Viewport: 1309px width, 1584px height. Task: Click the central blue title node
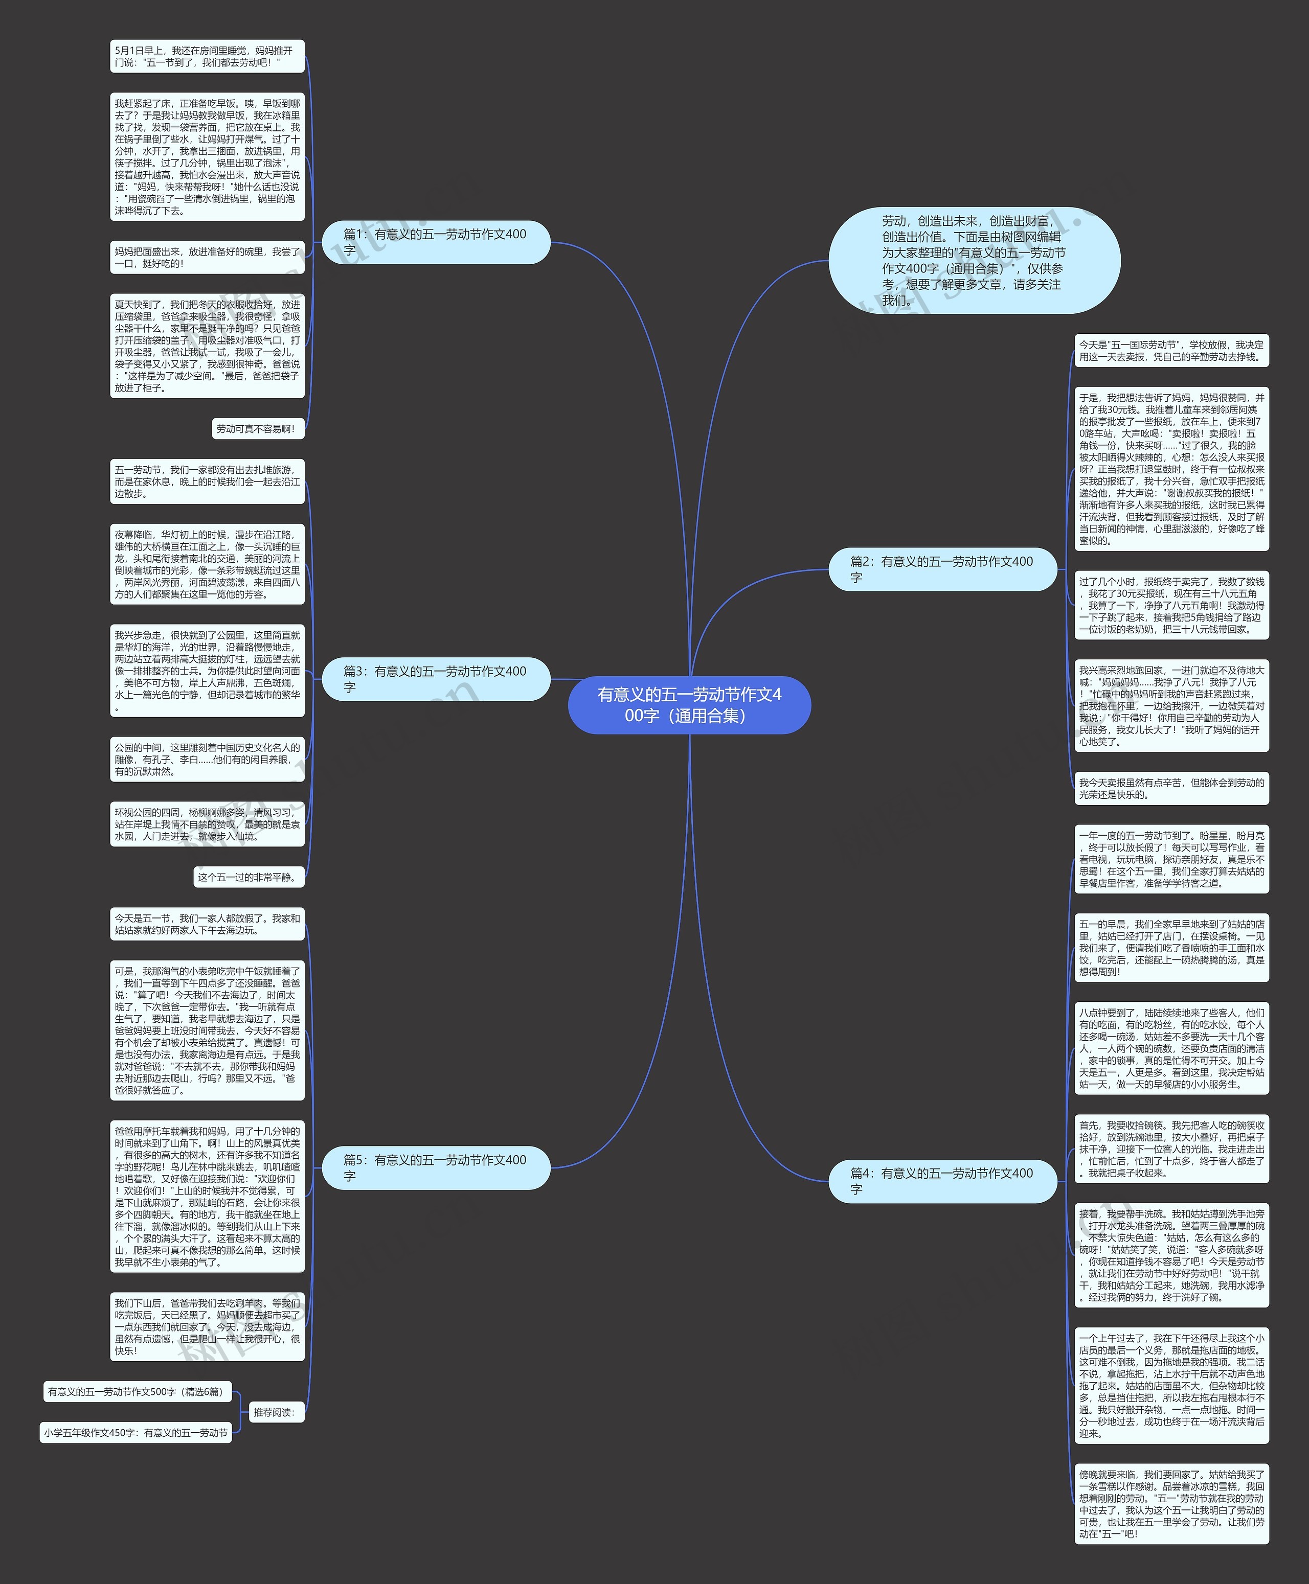689,704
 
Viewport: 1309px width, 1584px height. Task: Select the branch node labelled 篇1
436,242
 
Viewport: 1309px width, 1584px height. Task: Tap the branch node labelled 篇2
942,569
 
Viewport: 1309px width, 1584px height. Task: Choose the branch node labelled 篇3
436,679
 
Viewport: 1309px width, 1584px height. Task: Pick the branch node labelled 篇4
942,1181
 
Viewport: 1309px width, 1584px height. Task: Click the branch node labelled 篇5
436,1167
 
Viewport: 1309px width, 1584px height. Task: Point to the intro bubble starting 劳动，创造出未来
974,261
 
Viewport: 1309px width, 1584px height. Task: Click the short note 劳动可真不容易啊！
258,429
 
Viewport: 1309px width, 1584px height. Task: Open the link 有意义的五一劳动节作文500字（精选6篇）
137,1392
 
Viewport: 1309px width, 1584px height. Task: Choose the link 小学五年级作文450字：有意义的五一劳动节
136,1433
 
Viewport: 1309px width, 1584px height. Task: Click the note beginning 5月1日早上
207,57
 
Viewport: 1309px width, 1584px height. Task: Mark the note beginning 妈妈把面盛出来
207,257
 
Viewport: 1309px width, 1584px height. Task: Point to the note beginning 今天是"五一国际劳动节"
1171,351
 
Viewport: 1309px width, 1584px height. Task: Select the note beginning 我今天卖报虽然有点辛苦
1171,788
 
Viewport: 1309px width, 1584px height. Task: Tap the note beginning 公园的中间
207,759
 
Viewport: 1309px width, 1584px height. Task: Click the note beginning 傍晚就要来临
1171,1503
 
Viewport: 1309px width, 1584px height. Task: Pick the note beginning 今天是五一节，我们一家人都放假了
207,924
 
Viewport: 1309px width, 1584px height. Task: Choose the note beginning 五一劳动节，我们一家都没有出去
207,481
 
